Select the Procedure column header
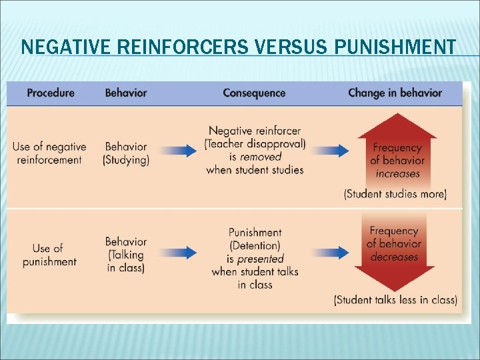[x=51, y=93]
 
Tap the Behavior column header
[x=126, y=93]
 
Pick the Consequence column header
[x=254, y=93]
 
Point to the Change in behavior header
[x=395, y=93]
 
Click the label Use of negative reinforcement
[x=49, y=153]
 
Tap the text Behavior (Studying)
[x=126, y=153]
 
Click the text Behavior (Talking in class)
[x=126, y=255]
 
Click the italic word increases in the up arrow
[x=397, y=174]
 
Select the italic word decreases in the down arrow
[x=394, y=257]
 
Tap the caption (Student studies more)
[x=395, y=195]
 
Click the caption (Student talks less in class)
[x=395, y=300]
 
